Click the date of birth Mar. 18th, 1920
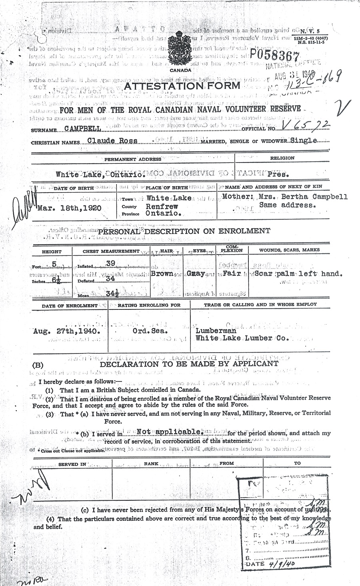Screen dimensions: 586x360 (69, 208)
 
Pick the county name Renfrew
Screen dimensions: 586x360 (161, 207)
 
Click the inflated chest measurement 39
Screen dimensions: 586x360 (110, 263)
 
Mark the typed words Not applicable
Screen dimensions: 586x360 (168, 432)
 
